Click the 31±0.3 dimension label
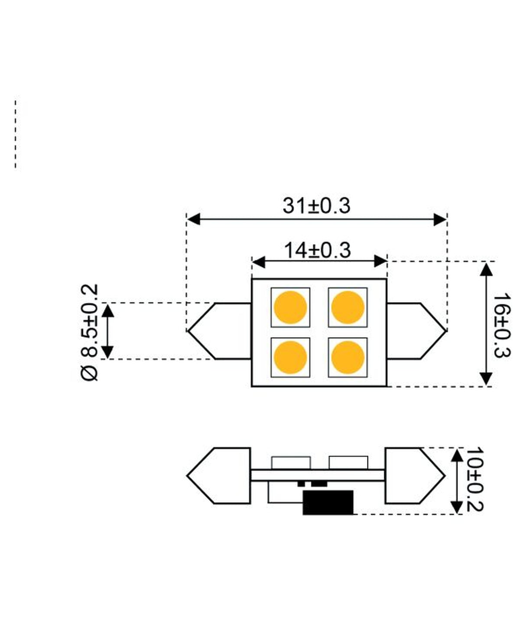316,206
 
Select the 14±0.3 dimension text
317,250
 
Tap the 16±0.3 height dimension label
502,325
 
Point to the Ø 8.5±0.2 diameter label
90,332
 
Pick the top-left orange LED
290,307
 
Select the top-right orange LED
347,307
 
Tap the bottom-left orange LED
290,357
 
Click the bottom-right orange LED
347,357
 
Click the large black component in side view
328,503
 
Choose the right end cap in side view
414,476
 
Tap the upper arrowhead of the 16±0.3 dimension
487,269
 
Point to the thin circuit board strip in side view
317,475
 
